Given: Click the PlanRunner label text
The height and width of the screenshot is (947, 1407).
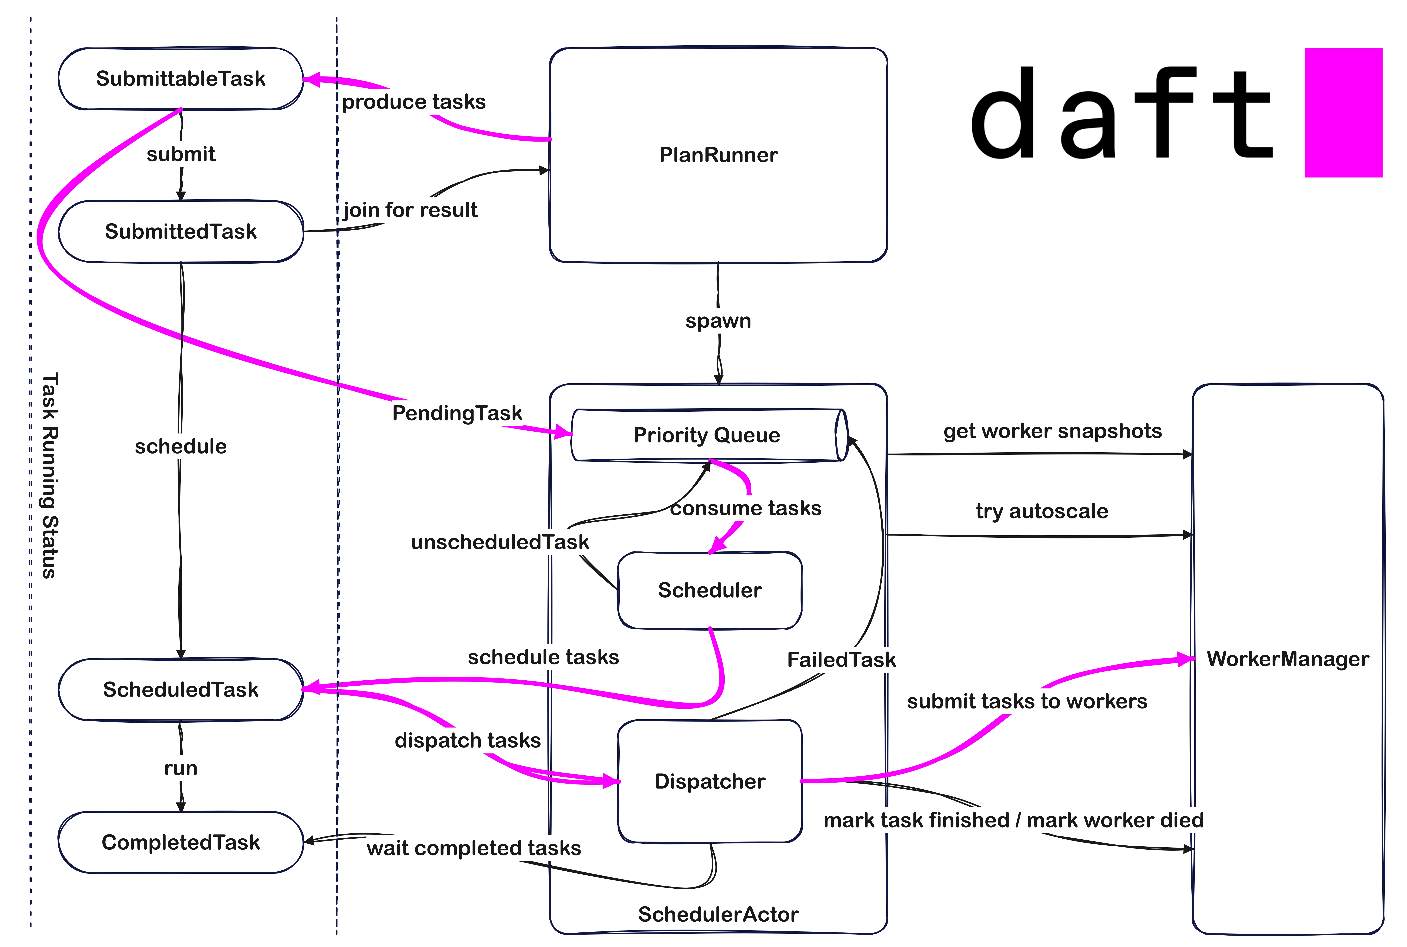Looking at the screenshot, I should (718, 155).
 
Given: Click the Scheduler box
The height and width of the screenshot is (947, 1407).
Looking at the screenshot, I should (710, 590).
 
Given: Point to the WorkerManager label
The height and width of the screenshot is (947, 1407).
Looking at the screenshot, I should (1287, 659).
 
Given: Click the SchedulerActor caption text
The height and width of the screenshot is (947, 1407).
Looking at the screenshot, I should (718, 914).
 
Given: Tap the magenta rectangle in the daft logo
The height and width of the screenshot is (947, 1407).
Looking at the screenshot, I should (1343, 113).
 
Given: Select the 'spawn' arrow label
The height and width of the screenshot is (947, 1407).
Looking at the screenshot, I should (718, 321).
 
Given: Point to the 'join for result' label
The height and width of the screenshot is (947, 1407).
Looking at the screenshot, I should (410, 210).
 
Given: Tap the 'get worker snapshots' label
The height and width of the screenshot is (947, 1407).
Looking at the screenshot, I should (1052, 431).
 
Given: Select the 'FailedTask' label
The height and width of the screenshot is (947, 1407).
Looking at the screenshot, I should (841, 659).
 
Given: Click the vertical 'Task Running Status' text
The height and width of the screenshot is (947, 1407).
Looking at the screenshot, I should (49, 475).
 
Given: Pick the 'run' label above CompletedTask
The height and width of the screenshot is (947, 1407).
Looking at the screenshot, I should (181, 768).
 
